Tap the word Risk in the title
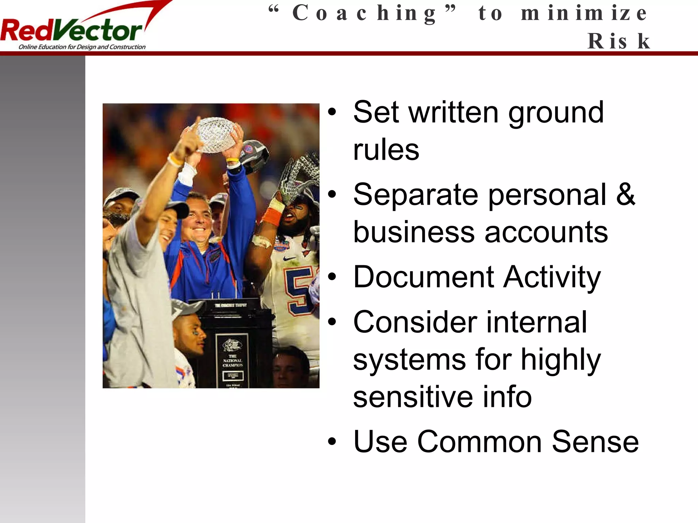[x=618, y=41]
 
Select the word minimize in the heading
[x=583, y=14]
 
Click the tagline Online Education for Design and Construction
[x=82, y=47]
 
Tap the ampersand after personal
[x=625, y=194]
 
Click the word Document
[x=423, y=277]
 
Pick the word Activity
[x=552, y=278]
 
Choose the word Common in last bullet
[x=479, y=442]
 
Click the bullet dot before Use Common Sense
[x=332, y=442]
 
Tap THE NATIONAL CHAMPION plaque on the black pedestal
[x=232, y=360]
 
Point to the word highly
[x=561, y=360]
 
